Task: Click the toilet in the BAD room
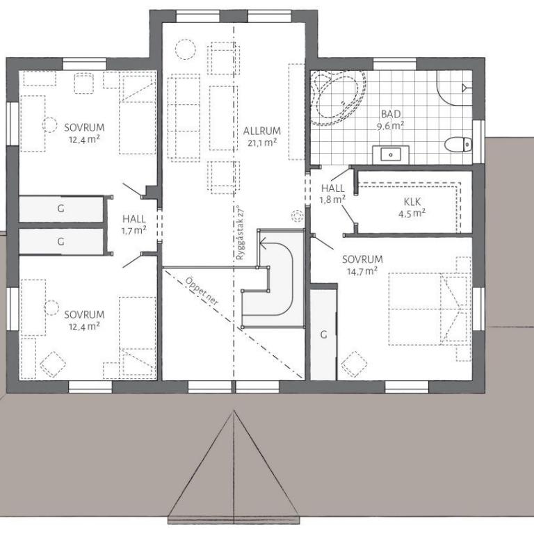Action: (x=458, y=145)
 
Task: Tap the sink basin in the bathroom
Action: (x=391, y=155)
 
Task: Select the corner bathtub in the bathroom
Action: (x=338, y=97)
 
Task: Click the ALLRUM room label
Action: (x=262, y=131)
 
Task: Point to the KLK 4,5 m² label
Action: (x=412, y=207)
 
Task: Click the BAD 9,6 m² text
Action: (x=391, y=120)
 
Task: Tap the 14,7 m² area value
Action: (x=362, y=271)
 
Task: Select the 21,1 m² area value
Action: (x=262, y=142)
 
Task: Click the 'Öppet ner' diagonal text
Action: (x=202, y=291)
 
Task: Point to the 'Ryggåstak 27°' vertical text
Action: (x=241, y=233)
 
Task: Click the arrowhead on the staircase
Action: (x=264, y=243)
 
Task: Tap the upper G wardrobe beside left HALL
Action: (x=61, y=209)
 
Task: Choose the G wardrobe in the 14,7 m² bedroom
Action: (x=323, y=334)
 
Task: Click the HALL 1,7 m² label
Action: (x=133, y=225)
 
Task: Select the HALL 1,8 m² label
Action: (x=333, y=193)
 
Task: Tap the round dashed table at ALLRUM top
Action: (x=186, y=49)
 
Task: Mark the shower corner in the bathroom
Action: (x=454, y=88)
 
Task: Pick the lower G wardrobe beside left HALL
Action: (x=61, y=241)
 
